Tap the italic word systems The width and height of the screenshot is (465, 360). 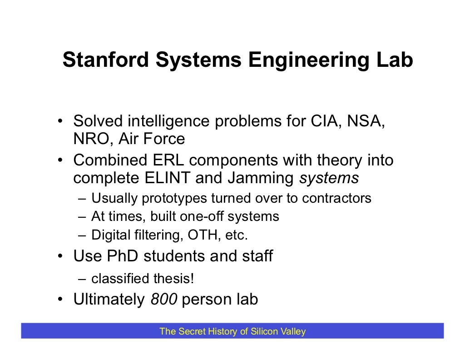click(x=328, y=178)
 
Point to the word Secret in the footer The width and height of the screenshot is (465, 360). click(x=191, y=331)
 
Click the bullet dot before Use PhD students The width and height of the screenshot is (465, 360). click(x=59, y=257)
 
